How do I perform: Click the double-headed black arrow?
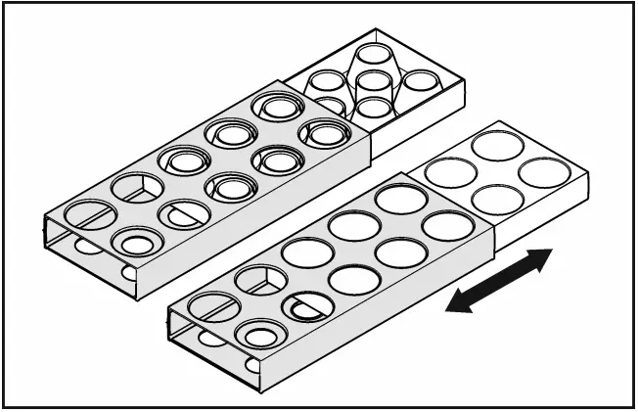pos(499,281)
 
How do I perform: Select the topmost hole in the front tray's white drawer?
pos(497,146)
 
